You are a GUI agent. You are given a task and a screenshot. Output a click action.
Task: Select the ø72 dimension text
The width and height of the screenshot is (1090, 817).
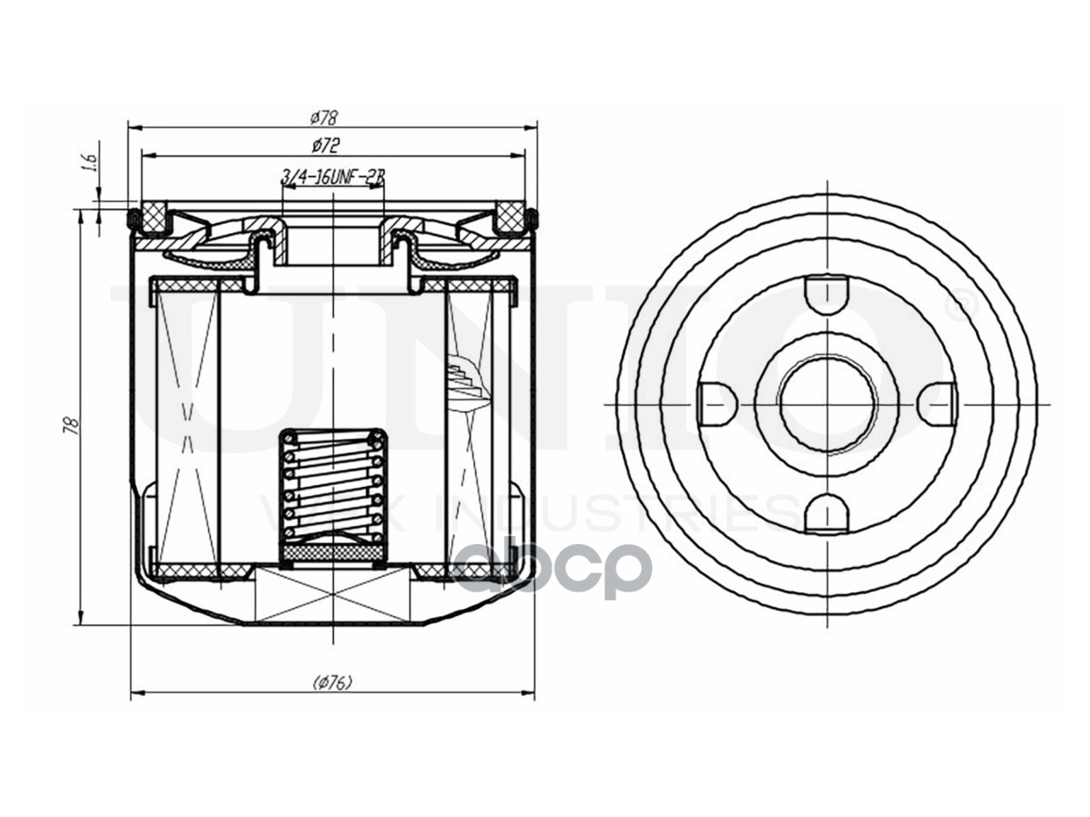pos(325,145)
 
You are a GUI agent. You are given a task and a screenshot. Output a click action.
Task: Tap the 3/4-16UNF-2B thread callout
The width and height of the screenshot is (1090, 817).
pos(333,177)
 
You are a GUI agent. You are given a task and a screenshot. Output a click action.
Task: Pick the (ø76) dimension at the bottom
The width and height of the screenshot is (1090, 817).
pos(332,682)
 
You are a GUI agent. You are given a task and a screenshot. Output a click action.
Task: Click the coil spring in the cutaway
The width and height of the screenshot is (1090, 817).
pos(333,486)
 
